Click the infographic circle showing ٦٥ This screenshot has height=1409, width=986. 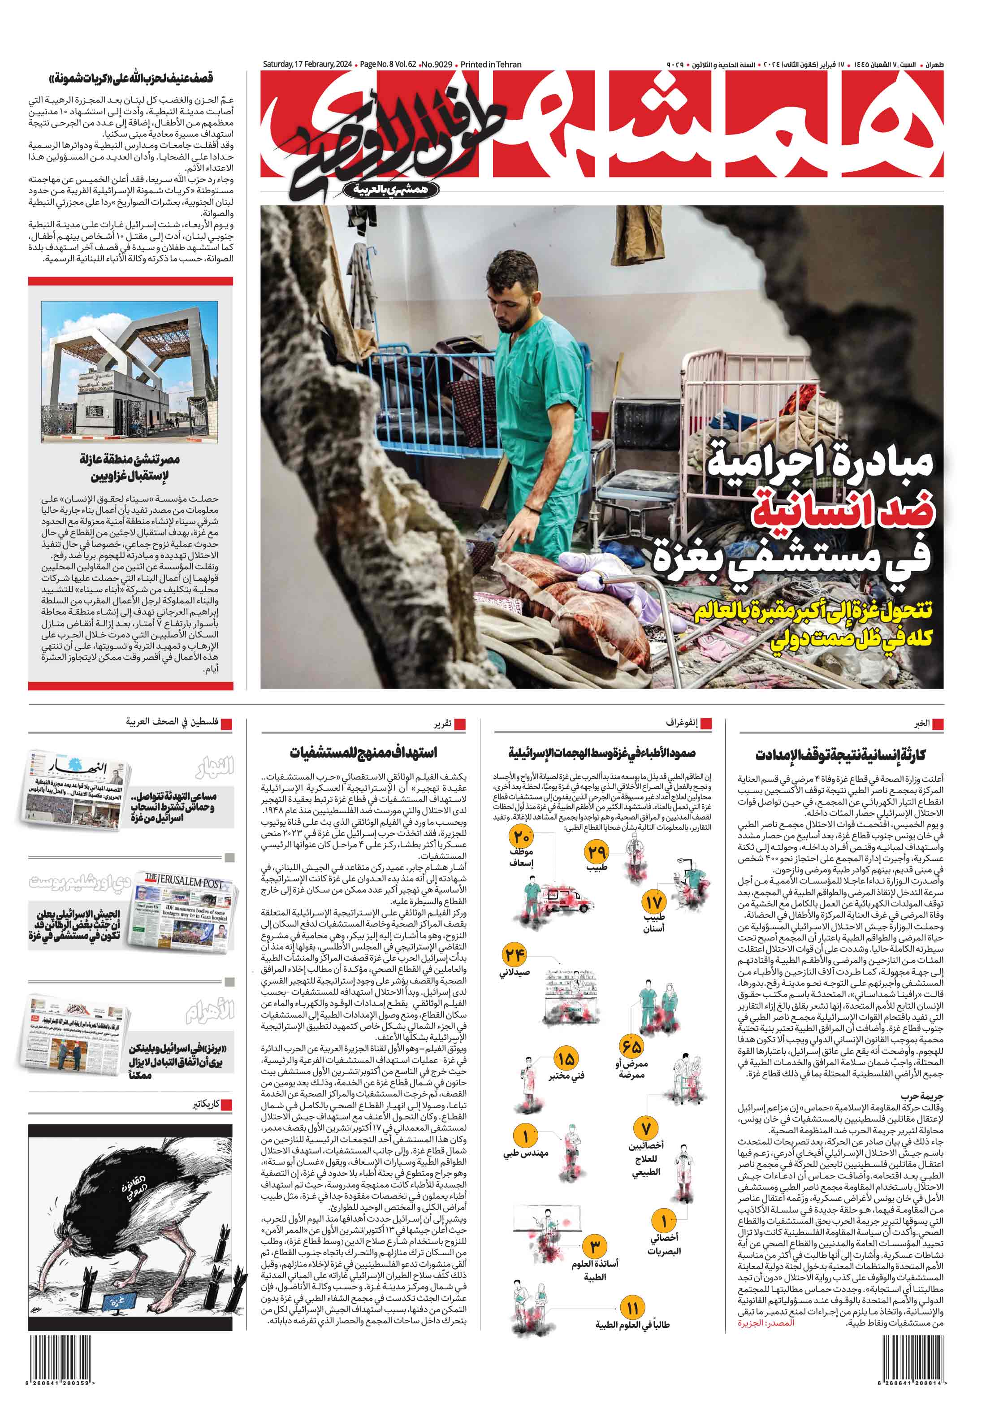point(631,1045)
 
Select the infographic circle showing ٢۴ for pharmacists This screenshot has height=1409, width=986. point(514,955)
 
